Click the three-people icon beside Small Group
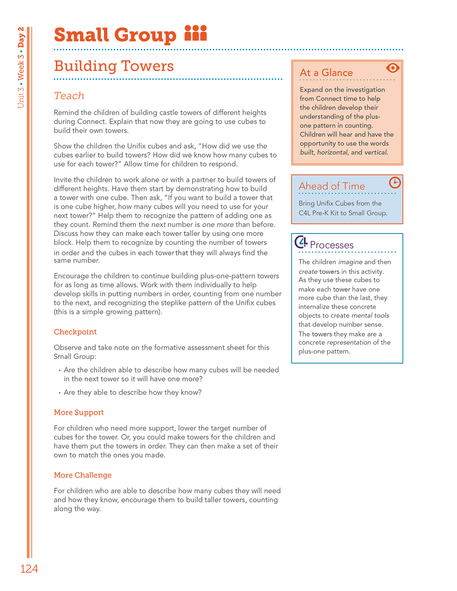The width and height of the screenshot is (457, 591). [x=195, y=33]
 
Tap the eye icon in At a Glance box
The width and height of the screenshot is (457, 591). [x=392, y=68]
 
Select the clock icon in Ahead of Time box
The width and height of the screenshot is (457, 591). [x=395, y=183]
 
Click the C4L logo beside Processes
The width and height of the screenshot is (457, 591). [x=301, y=242]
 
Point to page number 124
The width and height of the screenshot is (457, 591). [x=29, y=569]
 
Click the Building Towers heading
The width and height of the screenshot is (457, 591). [x=114, y=66]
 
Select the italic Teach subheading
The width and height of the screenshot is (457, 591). [x=69, y=96]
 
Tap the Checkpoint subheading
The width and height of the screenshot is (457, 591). [x=75, y=332]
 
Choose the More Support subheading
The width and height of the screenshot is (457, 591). [x=79, y=413]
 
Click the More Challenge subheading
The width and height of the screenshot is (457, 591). [x=83, y=475]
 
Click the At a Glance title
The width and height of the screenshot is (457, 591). [x=326, y=73]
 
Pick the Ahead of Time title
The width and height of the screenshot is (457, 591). [x=332, y=186]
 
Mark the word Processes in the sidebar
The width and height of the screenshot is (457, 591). [x=332, y=245]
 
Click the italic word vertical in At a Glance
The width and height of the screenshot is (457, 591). [x=376, y=152]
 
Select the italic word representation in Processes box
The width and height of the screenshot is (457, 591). [x=348, y=342]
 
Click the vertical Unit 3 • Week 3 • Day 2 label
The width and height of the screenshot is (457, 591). [x=21, y=67]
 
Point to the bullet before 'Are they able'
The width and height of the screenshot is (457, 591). [x=60, y=393]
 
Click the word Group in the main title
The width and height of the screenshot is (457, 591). [x=145, y=35]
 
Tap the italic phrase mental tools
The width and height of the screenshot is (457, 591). [x=370, y=315]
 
